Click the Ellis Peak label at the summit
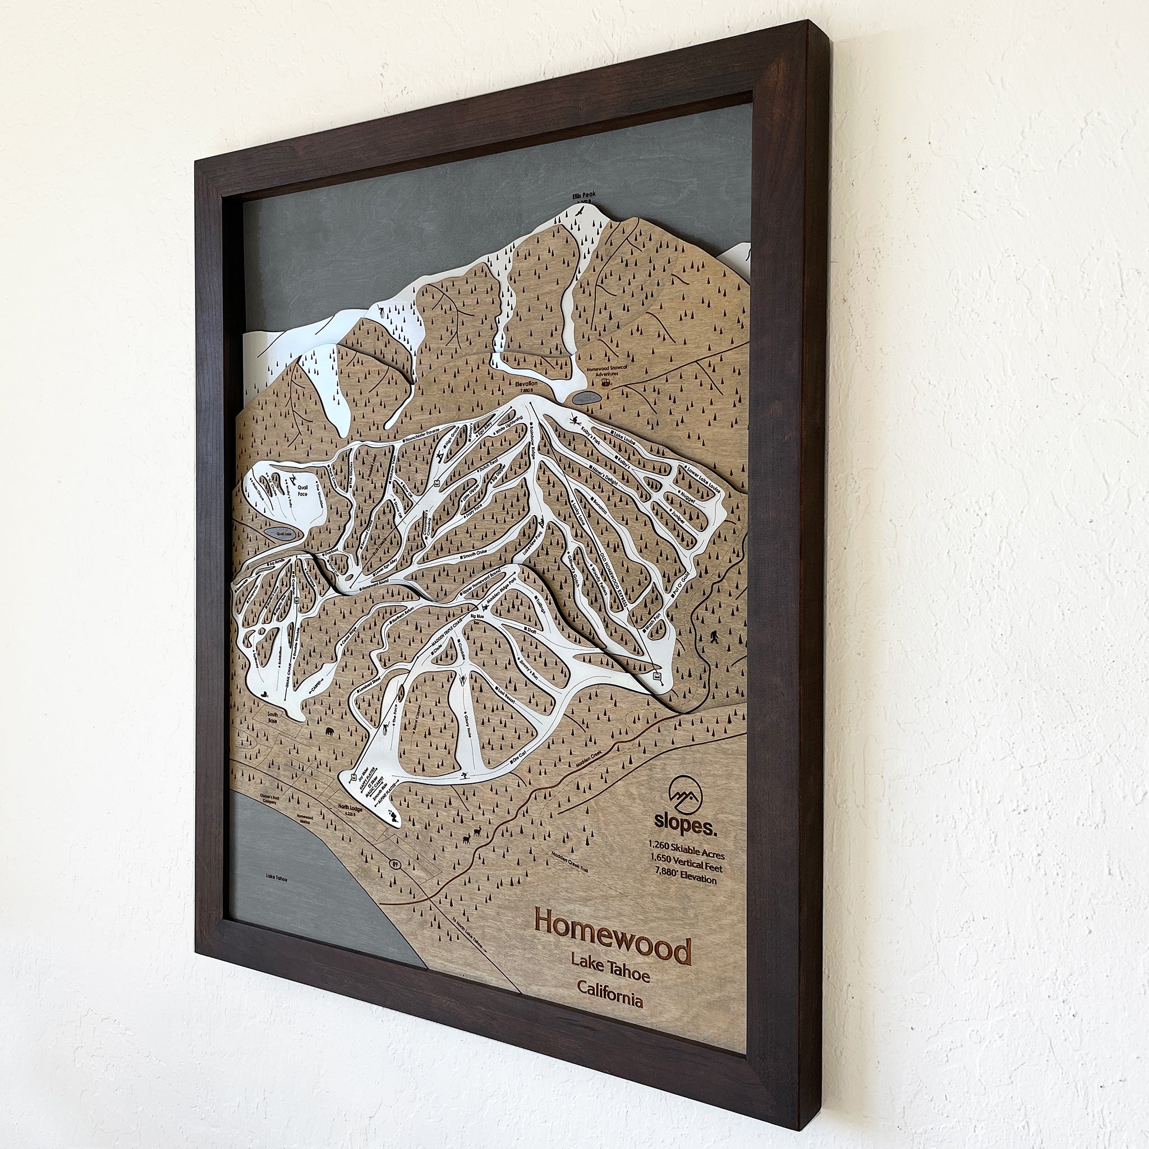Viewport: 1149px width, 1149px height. point(575,210)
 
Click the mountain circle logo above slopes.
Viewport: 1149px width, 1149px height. point(685,790)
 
